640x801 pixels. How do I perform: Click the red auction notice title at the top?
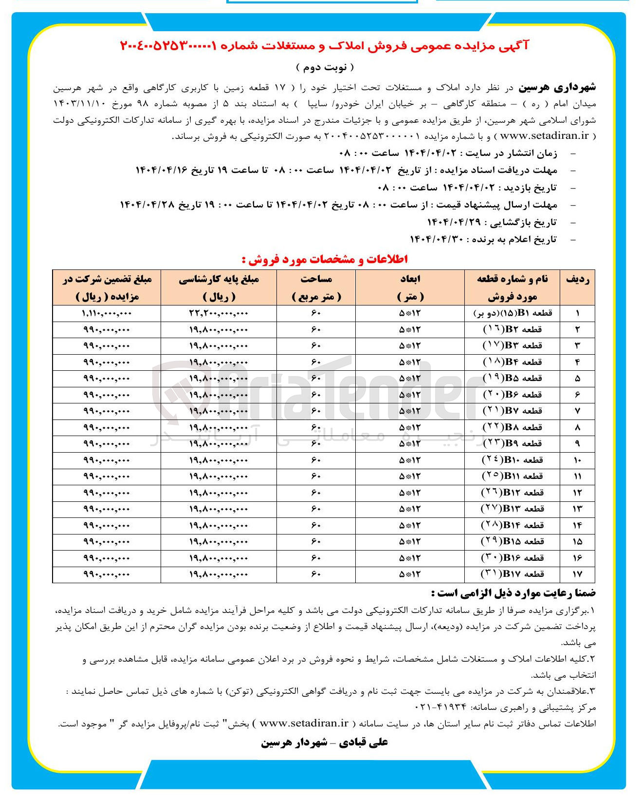[324, 46]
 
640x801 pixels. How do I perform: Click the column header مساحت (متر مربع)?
[316, 287]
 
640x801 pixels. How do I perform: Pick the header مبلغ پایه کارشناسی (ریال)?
[219, 287]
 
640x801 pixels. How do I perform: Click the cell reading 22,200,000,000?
[219, 313]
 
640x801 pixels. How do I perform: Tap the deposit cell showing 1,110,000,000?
[107, 313]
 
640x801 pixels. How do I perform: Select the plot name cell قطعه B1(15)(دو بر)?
[512, 313]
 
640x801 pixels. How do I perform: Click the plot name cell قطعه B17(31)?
[512, 574]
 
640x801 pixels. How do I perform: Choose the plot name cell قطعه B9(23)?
[512, 444]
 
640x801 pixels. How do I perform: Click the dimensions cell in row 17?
[410, 574]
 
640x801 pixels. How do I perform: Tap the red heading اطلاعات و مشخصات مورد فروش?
[325, 259]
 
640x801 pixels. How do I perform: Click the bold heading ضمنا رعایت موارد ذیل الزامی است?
[513, 593]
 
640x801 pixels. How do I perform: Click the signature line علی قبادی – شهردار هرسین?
[325, 742]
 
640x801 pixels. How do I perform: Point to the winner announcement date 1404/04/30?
[436, 239]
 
